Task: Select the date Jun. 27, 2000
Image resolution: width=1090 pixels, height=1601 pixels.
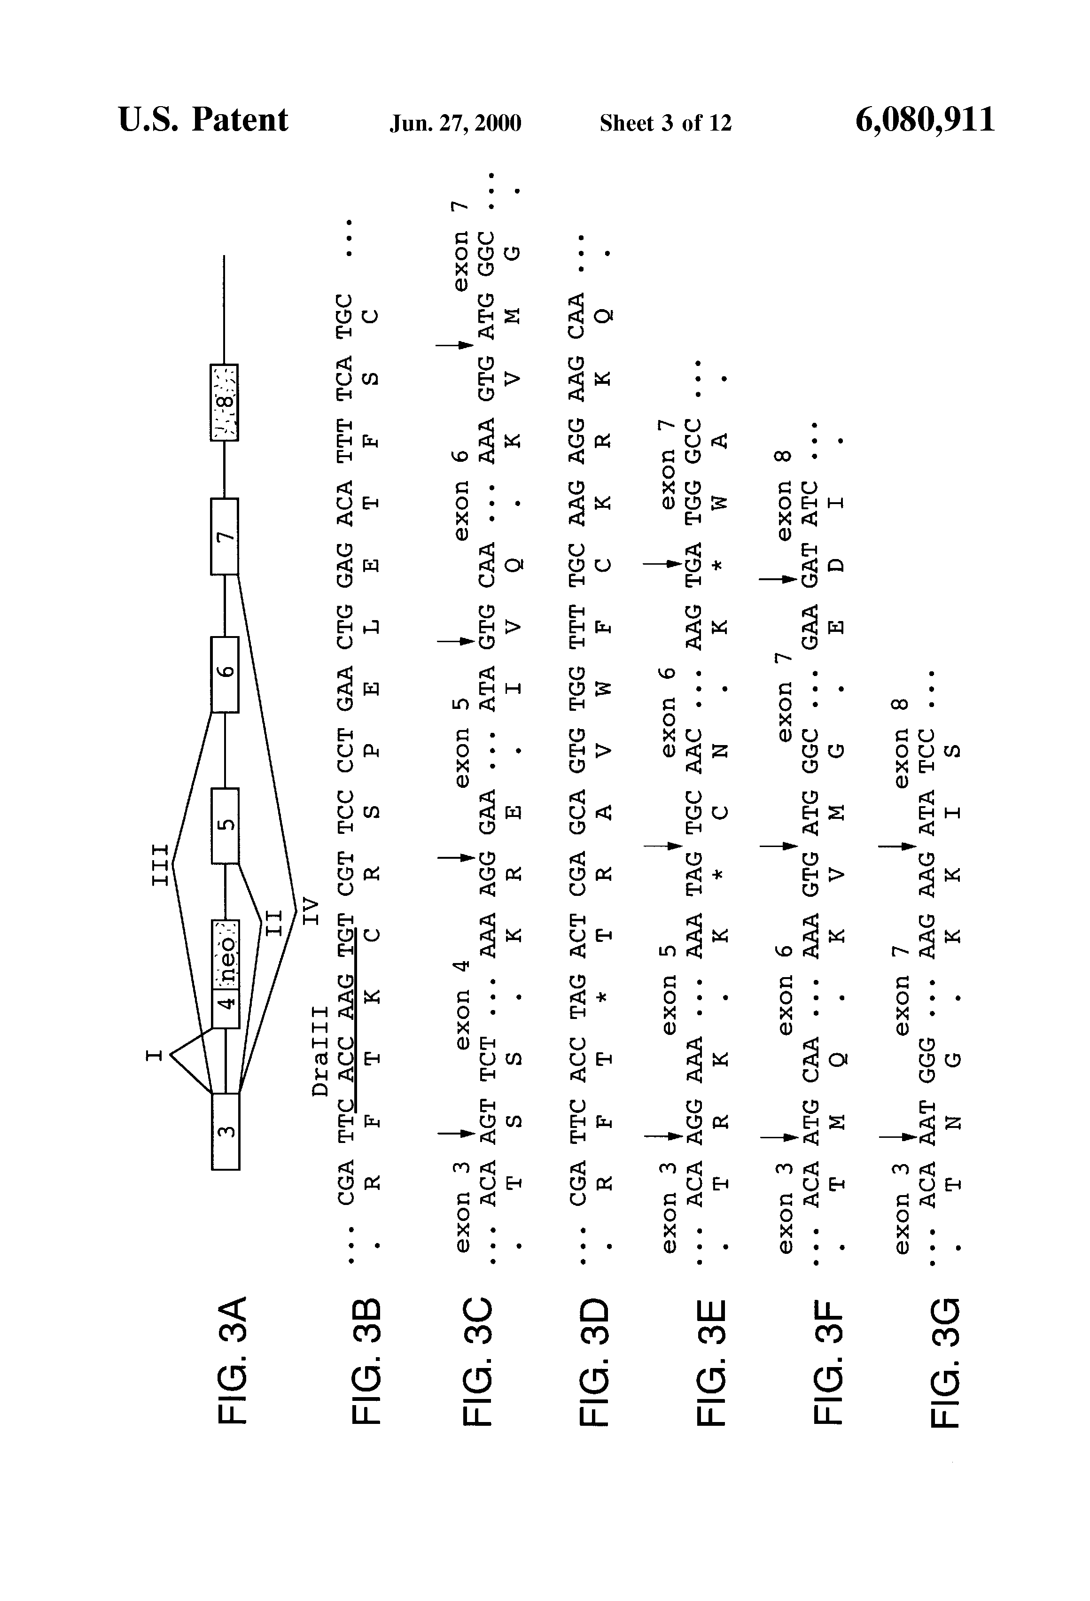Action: click(x=455, y=123)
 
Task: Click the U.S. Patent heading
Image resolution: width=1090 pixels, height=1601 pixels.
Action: click(x=203, y=119)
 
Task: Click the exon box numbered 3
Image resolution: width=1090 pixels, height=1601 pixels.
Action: click(x=226, y=1131)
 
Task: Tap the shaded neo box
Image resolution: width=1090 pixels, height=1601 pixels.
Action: click(x=226, y=954)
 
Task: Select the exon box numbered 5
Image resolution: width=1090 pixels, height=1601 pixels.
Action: click(x=226, y=825)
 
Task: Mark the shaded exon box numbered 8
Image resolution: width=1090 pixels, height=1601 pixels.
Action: click(x=224, y=402)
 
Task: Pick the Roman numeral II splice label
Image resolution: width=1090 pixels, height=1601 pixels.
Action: click(x=273, y=924)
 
